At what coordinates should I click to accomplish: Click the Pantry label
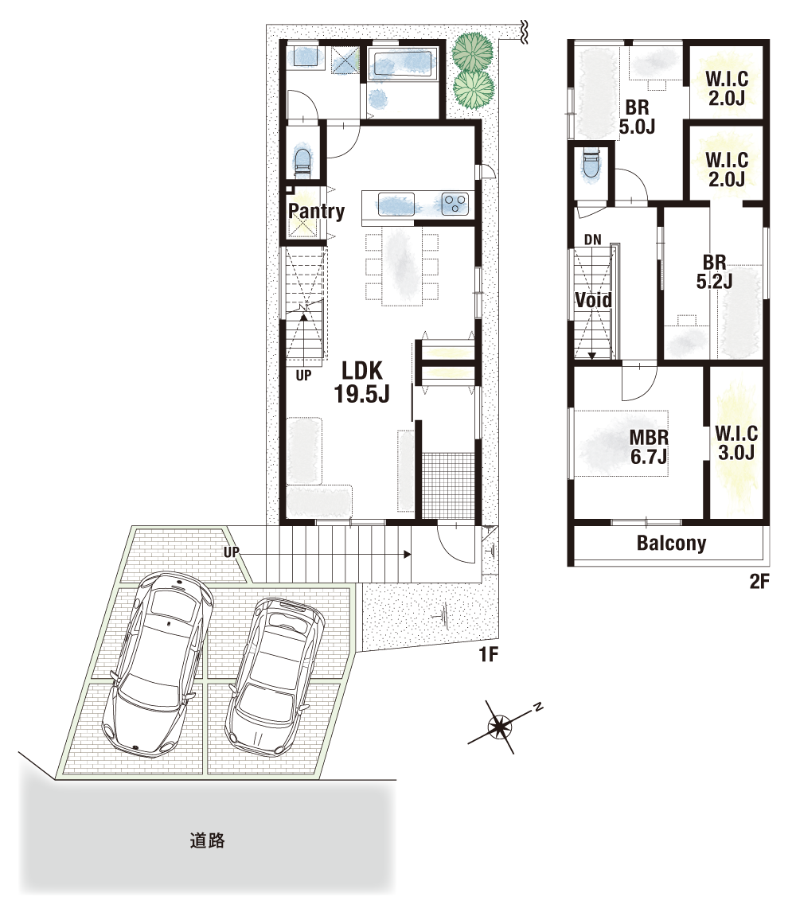click(316, 211)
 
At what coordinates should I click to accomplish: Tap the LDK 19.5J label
click(362, 383)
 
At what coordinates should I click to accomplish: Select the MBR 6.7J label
click(649, 446)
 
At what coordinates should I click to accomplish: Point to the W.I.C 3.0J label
click(736, 443)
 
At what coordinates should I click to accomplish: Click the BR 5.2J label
click(714, 271)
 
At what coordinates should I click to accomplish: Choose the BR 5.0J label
click(637, 117)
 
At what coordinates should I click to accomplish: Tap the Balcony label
click(671, 543)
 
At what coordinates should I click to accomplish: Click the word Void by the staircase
click(594, 300)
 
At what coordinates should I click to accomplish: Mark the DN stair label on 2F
click(593, 240)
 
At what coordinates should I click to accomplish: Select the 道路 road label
click(207, 840)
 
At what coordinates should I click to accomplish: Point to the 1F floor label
click(488, 653)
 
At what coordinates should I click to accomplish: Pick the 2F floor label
click(759, 581)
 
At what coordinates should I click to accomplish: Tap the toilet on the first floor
click(302, 160)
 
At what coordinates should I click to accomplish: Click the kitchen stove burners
click(455, 203)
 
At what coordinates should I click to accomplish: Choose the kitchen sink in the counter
click(396, 204)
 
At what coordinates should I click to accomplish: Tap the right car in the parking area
click(275, 676)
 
